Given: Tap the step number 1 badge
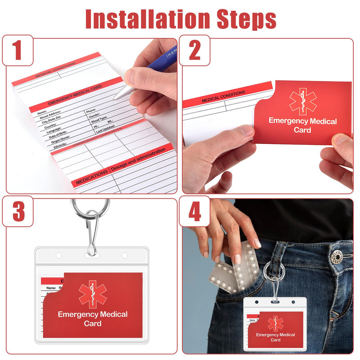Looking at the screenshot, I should point(18,50).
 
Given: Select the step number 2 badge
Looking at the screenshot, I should point(194,50).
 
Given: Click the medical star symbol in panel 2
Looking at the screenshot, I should point(303,101).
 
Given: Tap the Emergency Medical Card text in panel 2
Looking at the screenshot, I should point(302,125).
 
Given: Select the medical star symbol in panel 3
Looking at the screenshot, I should point(93,294).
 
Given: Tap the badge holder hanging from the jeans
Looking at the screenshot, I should point(275,324).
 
